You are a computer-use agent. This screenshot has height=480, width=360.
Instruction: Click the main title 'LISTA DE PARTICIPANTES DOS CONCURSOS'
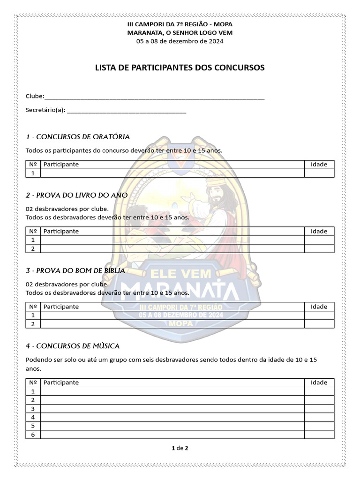pos(180,68)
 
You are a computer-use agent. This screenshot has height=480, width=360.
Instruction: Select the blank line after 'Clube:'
pos(155,97)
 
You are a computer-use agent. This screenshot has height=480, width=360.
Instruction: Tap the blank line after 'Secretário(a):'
pos(127,112)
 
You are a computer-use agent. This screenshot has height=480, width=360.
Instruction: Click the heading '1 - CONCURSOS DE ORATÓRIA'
pos(78,137)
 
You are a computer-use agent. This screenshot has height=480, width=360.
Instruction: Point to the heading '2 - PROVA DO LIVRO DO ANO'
pos(77,195)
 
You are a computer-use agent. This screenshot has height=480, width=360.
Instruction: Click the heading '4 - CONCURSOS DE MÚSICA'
pos(73,346)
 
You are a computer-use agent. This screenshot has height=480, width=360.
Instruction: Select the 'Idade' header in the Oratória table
pos(319,165)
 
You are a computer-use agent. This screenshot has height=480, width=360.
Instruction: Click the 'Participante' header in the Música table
pos(61,382)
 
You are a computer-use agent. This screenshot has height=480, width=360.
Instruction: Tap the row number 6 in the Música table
pos(33,435)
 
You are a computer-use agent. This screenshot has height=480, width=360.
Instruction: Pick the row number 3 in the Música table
pos(33,409)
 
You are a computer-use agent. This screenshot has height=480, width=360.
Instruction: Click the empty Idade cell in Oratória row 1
pos(319,173)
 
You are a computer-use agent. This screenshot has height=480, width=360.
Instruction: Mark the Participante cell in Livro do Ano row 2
pos(172,249)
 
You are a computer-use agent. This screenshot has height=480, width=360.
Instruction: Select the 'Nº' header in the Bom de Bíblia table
pos(33,307)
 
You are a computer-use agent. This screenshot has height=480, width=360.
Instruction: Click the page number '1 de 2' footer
pos(180,448)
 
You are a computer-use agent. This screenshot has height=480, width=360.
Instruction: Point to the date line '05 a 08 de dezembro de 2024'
pos(180,41)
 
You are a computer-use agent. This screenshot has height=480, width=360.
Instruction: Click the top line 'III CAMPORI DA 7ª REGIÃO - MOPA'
pos(180,24)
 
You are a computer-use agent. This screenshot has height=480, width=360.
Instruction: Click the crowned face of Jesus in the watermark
pos(217,192)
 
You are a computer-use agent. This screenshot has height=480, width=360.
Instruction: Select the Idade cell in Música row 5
pos(319,426)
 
